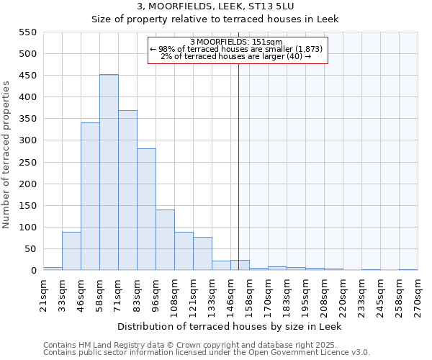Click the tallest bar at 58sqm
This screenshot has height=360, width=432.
(x=109, y=173)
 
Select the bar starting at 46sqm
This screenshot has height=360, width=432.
(x=90, y=197)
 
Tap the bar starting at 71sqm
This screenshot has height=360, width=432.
(x=127, y=191)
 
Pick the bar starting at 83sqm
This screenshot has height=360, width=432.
(x=146, y=210)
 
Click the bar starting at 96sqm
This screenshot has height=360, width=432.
(x=165, y=240)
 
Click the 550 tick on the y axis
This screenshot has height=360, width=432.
(x=26, y=32)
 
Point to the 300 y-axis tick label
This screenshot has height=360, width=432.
(x=26, y=140)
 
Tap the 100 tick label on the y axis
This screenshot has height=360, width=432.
(x=26, y=228)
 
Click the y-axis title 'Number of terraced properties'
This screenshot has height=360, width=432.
(x=6, y=154)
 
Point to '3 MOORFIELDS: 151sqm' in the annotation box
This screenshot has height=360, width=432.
(x=238, y=42)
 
